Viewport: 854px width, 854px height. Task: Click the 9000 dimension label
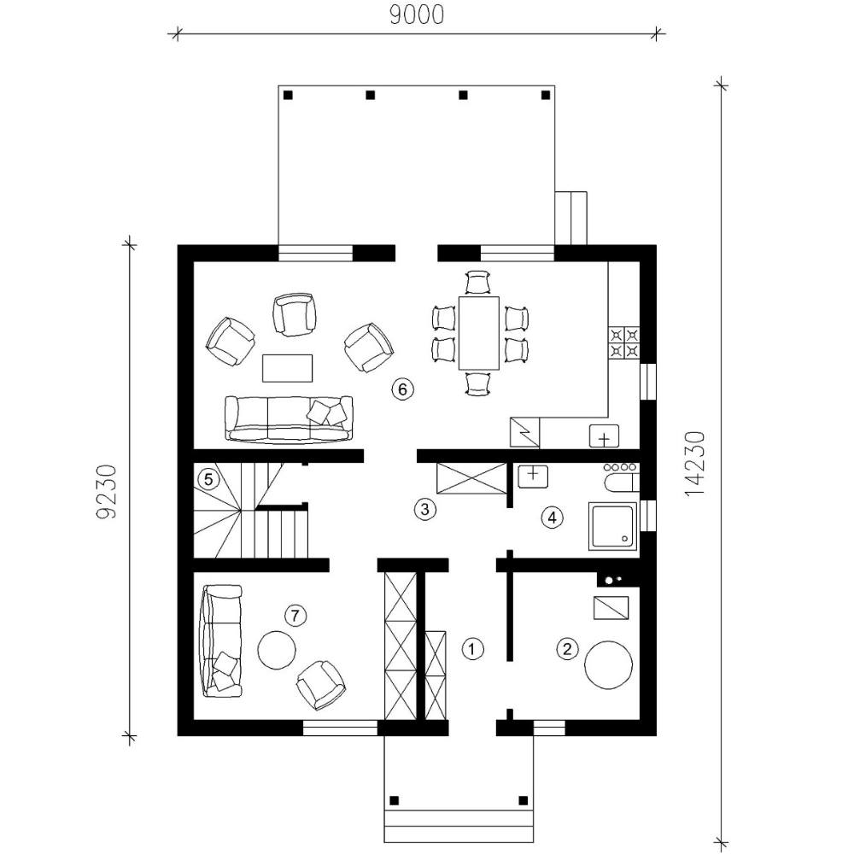tap(418, 15)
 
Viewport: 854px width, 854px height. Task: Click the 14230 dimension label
tap(695, 464)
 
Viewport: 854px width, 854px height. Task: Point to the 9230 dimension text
tap(106, 491)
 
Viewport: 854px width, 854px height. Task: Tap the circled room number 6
tap(402, 389)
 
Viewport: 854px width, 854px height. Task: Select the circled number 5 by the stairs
tap(208, 480)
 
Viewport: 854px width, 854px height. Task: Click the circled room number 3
tap(424, 509)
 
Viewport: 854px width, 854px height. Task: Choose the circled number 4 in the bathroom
tap(552, 518)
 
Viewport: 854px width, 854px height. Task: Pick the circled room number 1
tap(472, 649)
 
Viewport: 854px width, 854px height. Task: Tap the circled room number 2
tap(567, 649)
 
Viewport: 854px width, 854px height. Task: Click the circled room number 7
tap(295, 616)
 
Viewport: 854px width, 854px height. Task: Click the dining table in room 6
tap(479, 333)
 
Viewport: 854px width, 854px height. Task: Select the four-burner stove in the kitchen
tap(624, 342)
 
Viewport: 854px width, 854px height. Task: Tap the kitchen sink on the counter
tap(604, 436)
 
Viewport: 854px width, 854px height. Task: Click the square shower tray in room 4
tap(612, 526)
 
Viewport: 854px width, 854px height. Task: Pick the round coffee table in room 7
tap(277, 650)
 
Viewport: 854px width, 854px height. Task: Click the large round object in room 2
tap(608, 665)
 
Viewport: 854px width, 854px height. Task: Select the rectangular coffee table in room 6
tap(288, 368)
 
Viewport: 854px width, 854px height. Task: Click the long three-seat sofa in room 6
tap(289, 418)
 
